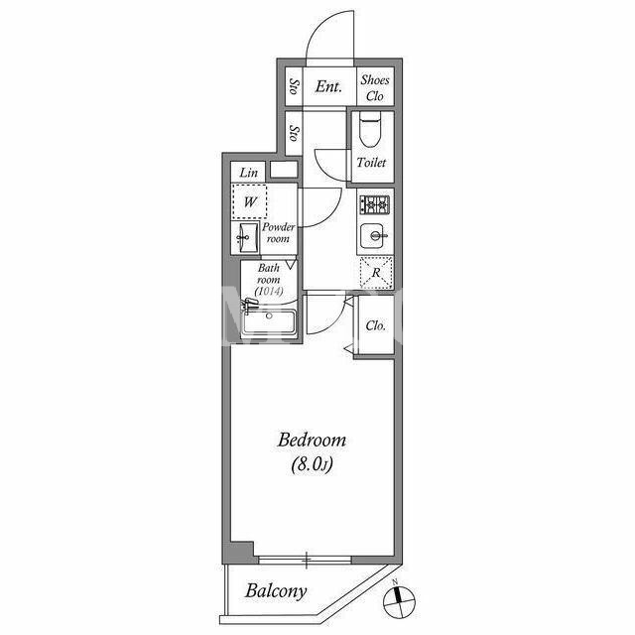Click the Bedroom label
pos(312,441)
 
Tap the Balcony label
pos(276,591)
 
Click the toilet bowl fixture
pos(370,129)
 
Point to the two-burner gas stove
pos(375,204)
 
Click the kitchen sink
pos(372,236)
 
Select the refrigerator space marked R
pos(376,273)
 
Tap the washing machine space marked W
pos(249,201)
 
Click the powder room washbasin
pos(244,238)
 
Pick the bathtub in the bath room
pos(269,321)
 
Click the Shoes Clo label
pos(375,88)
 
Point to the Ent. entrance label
pos(328,86)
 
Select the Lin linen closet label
pos(248,173)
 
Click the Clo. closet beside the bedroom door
pos(375,325)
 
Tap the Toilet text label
pos(371,163)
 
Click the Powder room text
pos(278,232)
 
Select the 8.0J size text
pos(312,464)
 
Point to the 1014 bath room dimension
pos(269,291)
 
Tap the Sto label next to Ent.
pos(295,86)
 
